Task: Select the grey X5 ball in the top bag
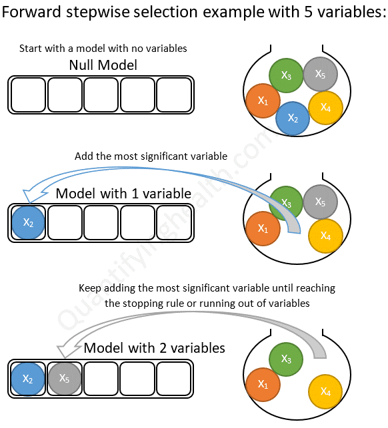[x=319, y=73]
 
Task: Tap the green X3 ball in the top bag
[x=286, y=75]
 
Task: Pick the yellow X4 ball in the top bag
[x=325, y=107]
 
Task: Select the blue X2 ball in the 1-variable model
[x=28, y=222]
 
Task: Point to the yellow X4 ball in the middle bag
[x=325, y=236]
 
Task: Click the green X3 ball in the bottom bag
[x=286, y=359]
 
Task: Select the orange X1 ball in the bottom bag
[x=263, y=385]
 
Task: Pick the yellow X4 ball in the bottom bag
[x=325, y=391]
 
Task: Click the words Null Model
[x=103, y=65]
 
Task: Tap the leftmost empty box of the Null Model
[x=28, y=95]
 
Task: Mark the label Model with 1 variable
[x=123, y=194]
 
